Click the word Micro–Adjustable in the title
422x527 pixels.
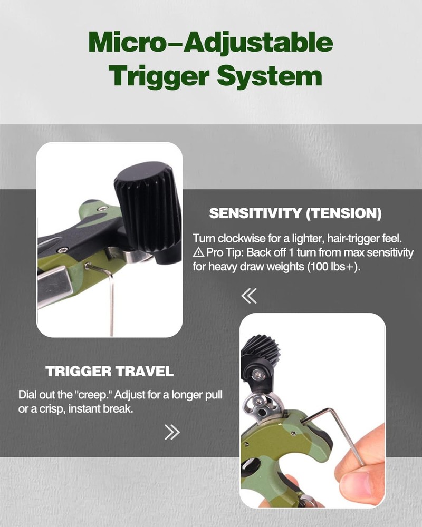(211, 43)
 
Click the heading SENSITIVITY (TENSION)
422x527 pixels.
(295, 214)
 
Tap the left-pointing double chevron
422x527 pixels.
(248, 296)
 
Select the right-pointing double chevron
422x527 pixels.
(172, 432)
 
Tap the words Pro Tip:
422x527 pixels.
(220, 253)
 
